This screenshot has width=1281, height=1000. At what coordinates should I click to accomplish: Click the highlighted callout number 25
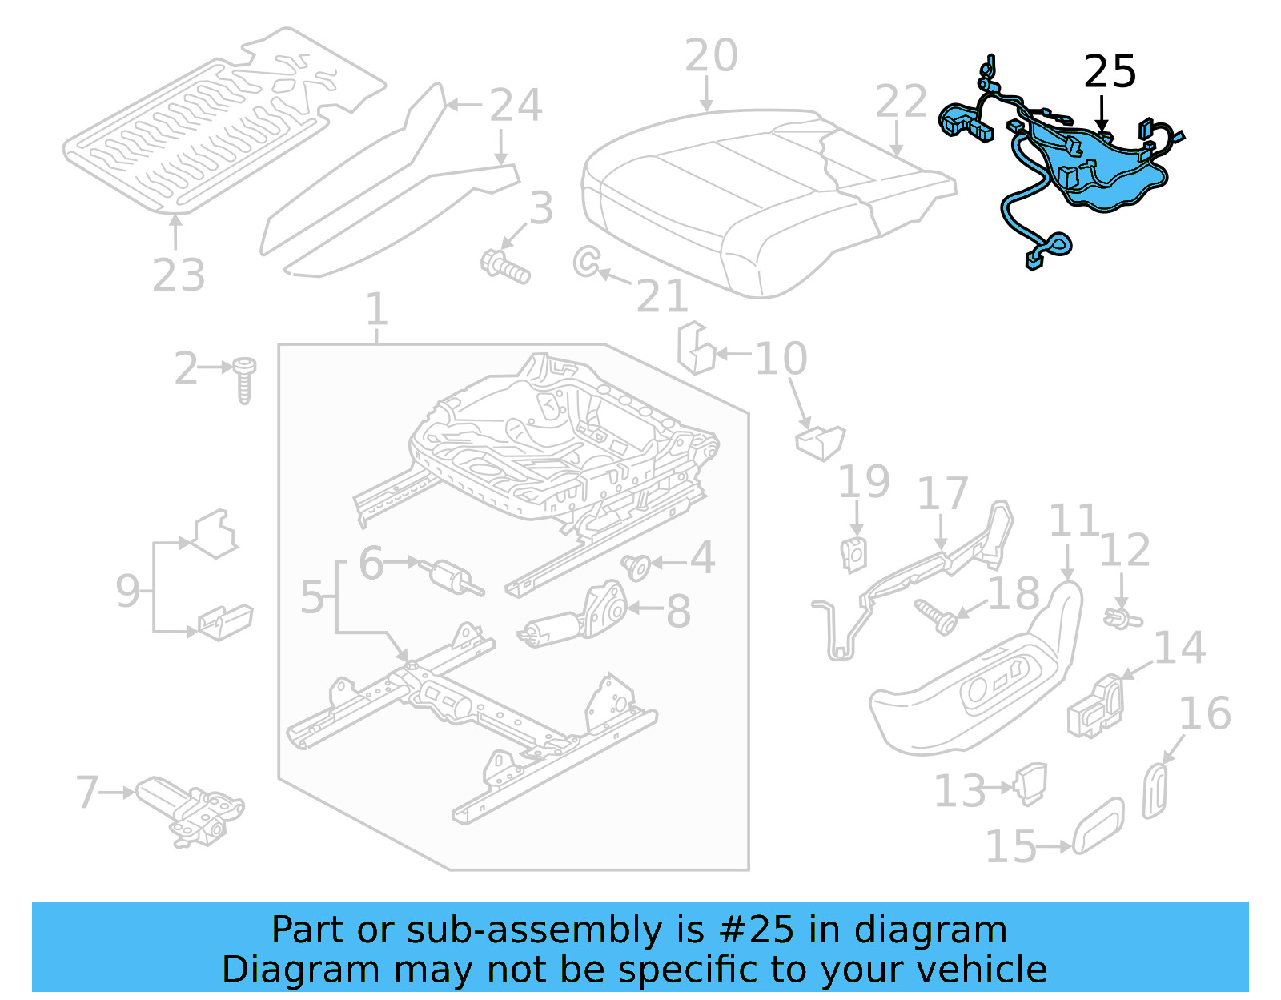(1110, 72)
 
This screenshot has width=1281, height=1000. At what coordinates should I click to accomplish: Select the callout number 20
(711, 56)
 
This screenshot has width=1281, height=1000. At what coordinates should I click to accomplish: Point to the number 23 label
(179, 276)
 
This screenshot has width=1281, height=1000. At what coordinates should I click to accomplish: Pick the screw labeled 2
(244, 380)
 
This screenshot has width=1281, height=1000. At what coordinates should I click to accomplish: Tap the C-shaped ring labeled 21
(586, 261)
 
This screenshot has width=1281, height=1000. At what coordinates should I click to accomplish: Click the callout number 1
(376, 310)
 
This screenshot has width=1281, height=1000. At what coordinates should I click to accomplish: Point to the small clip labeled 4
(636, 567)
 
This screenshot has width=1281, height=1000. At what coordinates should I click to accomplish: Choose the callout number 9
(128, 591)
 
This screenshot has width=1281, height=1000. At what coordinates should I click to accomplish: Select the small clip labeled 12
(1121, 618)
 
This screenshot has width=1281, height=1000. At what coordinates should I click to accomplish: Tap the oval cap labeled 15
(1098, 826)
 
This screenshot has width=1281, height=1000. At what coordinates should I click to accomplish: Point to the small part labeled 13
(1031, 782)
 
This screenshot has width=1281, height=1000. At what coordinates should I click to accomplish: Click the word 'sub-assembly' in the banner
(534, 930)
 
